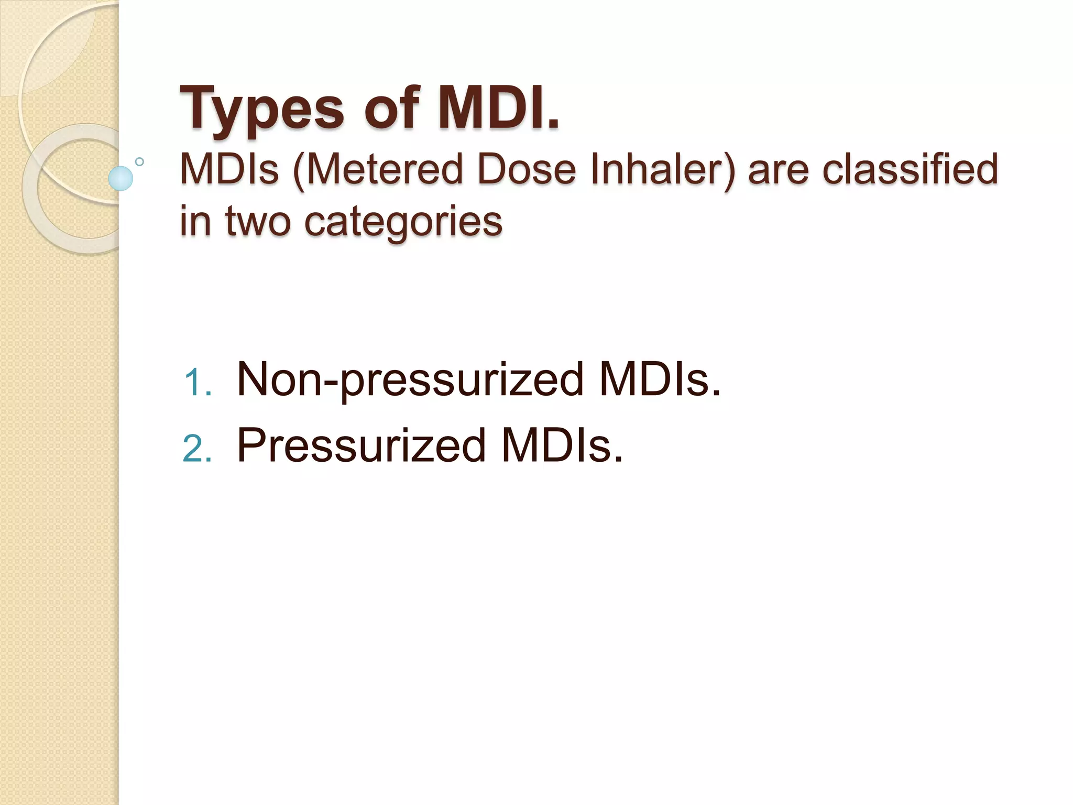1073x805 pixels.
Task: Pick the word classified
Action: pyautogui.click(x=910, y=170)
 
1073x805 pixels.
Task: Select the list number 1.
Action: pyautogui.click(x=197, y=383)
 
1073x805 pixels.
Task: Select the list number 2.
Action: pyautogui.click(x=197, y=449)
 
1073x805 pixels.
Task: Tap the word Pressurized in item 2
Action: pyautogui.click(x=362, y=446)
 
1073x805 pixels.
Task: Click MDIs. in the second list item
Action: pyautogui.click(x=562, y=446)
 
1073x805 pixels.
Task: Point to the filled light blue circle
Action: pyautogui.click(x=121, y=178)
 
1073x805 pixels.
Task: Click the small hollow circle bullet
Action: pyautogui.click(x=139, y=161)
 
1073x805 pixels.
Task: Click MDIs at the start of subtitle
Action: pyautogui.click(x=229, y=170)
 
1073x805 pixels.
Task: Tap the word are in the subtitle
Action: pyautogui.click(x=778, y=171)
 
